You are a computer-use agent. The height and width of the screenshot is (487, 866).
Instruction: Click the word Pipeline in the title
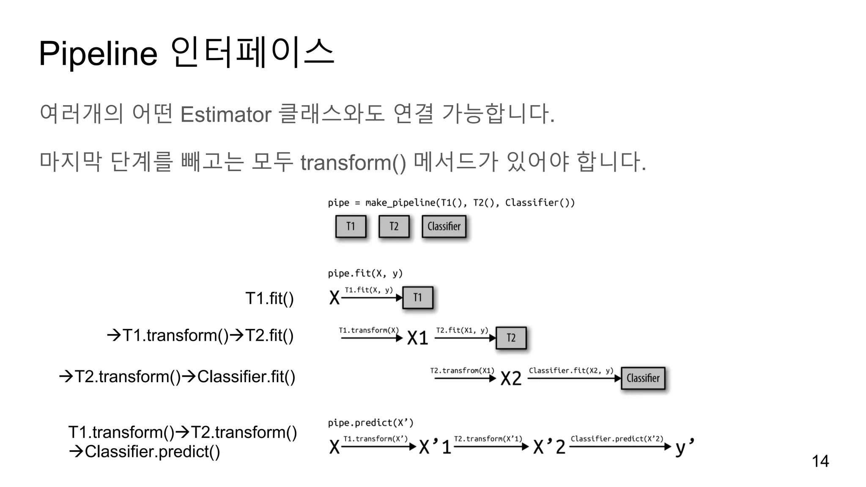[98, 54]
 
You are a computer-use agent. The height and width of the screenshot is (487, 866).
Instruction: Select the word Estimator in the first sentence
[226, 115]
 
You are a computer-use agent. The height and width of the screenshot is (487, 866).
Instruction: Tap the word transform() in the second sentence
[353, 163]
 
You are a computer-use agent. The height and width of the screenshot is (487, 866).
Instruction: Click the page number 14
[820, 461]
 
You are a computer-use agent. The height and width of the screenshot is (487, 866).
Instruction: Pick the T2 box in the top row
[394, 227]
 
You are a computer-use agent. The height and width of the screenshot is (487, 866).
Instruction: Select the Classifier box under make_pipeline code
[444, 227]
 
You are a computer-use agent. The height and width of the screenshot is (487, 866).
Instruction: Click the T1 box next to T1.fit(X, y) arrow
[418, 298]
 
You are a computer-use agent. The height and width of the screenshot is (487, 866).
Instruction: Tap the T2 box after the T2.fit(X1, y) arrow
[511, 338]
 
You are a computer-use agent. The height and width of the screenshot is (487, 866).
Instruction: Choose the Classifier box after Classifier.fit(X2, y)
[643, 378]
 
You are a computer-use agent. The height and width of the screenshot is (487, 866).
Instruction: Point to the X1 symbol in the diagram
[418, 338]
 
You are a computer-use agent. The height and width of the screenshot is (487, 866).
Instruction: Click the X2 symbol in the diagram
[511, 378]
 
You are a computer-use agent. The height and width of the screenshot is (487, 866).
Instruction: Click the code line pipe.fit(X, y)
[365, 274]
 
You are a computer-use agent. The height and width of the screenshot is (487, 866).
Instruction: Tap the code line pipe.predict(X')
[370, 423]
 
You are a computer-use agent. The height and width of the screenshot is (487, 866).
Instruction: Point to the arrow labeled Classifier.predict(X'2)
[620, 446]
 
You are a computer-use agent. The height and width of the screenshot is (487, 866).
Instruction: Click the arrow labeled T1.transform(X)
[371, 338]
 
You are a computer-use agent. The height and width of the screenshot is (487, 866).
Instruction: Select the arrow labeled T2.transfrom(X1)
[465, 378]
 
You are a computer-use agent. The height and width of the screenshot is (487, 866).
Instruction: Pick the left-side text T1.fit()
[269, 298]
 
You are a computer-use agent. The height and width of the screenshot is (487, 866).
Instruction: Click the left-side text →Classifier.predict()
[145, 451]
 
